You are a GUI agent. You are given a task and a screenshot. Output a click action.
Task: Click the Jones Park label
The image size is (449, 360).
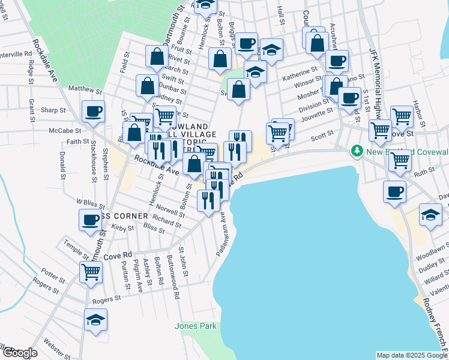195,326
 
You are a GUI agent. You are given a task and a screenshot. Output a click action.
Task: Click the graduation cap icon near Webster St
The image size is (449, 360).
95,321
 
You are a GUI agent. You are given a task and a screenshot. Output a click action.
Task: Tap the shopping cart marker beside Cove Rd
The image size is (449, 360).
91,271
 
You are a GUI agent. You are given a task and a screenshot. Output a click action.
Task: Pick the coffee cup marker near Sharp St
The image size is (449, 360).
94,111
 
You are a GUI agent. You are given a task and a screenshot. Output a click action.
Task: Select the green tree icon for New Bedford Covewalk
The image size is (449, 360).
358,149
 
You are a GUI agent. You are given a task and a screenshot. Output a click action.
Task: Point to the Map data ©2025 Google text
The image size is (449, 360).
412,355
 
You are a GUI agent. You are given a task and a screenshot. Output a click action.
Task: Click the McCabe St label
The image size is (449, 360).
66,130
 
